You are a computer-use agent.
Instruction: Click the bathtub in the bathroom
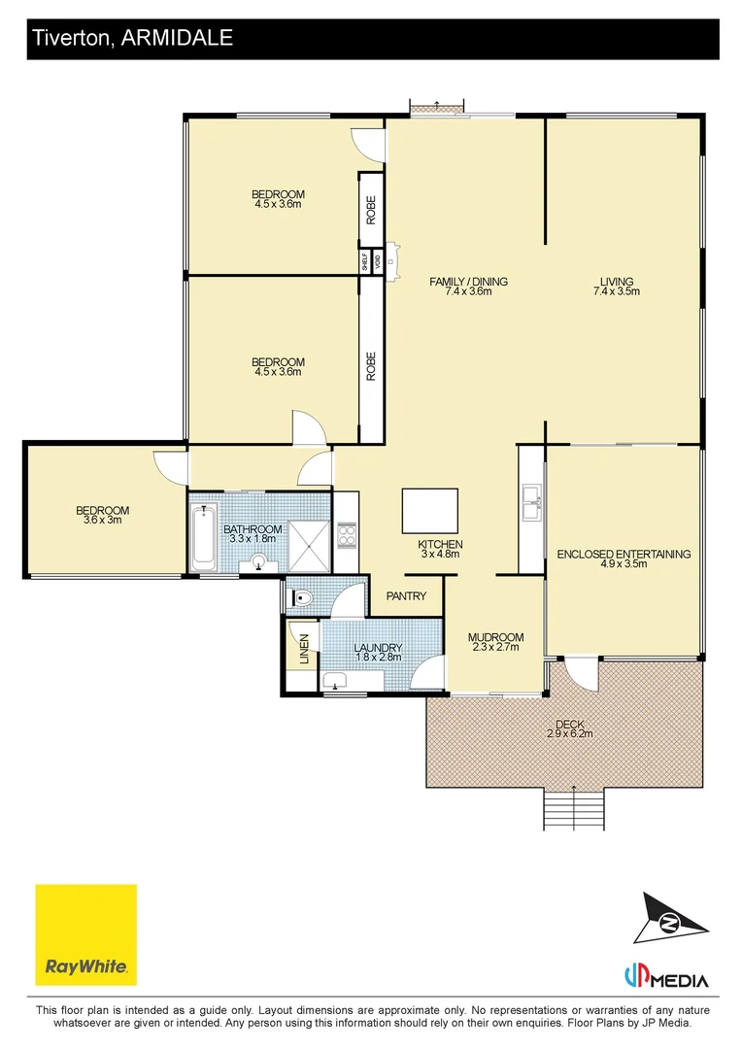coord(204,536)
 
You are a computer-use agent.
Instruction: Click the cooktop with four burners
coord(347,535)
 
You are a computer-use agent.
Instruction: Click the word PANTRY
coord(406,596)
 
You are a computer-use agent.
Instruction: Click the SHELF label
coord(364,260)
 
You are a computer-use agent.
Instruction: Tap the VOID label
coord(377,260)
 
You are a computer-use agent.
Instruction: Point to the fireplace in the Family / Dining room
coord(391,260)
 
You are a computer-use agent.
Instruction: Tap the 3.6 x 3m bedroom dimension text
coord(102,521)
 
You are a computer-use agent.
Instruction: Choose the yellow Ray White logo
coord(86,933)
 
